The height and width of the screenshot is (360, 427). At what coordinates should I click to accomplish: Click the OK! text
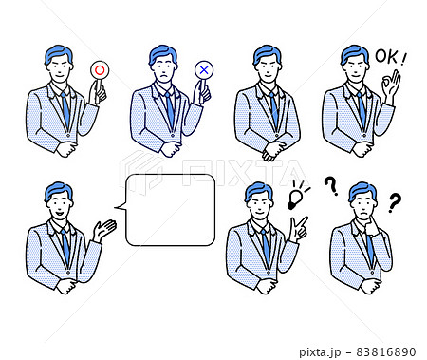(x=391, y=57)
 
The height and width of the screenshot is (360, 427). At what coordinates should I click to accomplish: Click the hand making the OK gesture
(x=390, y=83)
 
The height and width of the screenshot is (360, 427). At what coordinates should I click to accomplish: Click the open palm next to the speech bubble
(x=104, y=230)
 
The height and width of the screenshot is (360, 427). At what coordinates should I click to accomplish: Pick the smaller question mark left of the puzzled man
(x=331, y=186)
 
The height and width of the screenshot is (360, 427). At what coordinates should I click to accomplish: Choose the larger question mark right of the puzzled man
(x=395, y=202)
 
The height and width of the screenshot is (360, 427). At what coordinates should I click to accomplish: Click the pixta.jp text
(x=320, y=352)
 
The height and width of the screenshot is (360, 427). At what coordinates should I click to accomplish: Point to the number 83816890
(x=386, y=351)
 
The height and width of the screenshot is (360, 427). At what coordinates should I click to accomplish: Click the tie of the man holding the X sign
(x=170, y=109)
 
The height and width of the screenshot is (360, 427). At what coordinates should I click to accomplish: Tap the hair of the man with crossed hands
(x=267, y=54)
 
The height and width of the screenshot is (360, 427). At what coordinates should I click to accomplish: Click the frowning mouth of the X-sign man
(x=163, y=76)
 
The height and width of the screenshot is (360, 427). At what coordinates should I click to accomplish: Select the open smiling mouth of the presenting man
(x=59, y=213)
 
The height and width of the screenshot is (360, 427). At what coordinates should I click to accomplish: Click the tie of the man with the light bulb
(x=266, y=247)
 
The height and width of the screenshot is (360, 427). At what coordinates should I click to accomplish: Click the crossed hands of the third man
(x=273, y=149)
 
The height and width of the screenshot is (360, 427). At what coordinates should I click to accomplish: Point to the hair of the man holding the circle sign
(x=59, y=55)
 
